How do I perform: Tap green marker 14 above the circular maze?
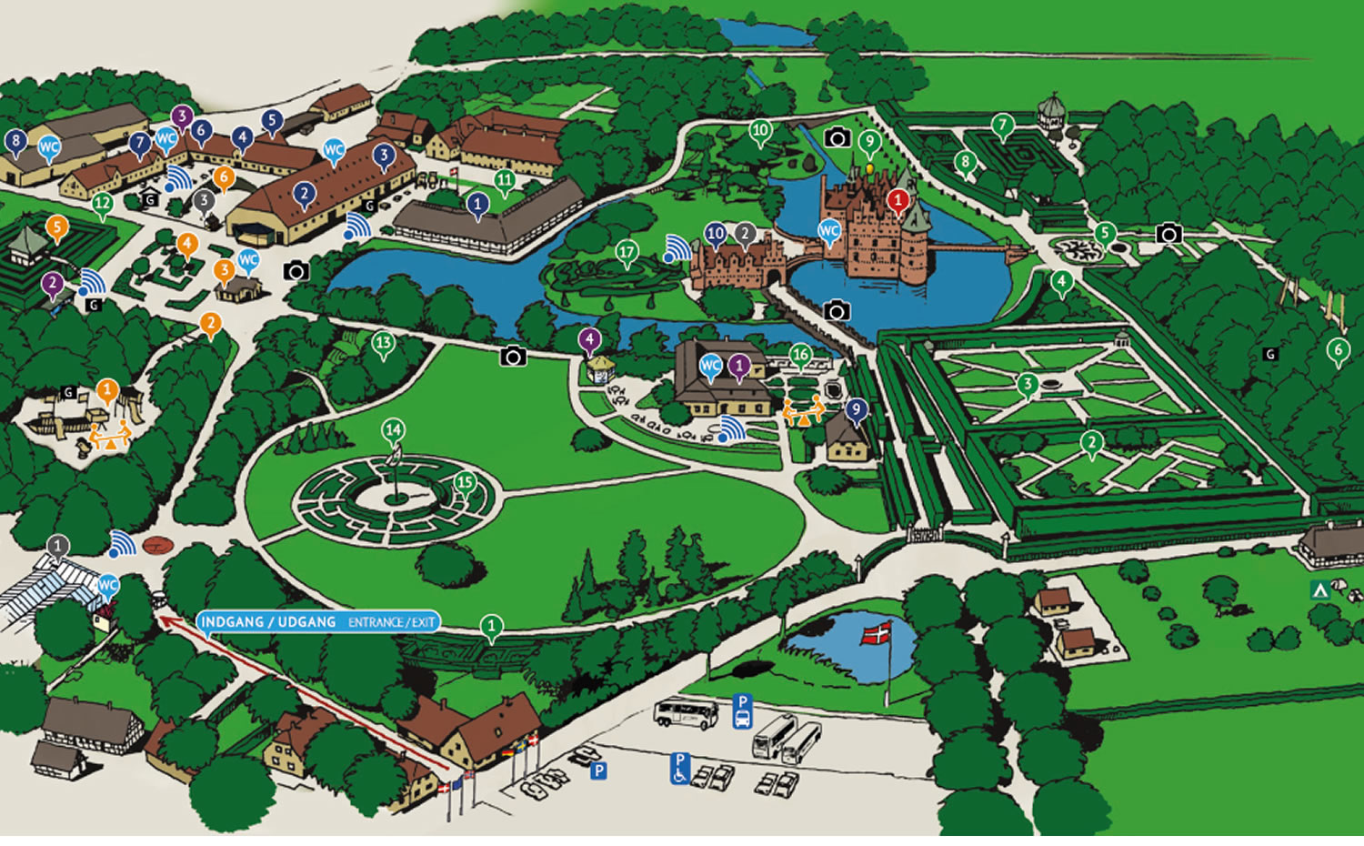pos(393,429)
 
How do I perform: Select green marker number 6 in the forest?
pos(1337,349)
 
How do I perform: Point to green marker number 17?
pos(627,252)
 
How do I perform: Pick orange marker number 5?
pos(57,227)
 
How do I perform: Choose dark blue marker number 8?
pos(15,141)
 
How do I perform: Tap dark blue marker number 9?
pos(856,410)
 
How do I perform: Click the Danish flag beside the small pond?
pos(878,633)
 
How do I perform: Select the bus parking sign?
pos(743,710)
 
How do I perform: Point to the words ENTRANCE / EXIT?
pos(391,622)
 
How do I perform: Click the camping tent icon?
pos(1319,589)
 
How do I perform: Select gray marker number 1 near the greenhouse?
pos(57,547)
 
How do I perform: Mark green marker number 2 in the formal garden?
pos(1091,443)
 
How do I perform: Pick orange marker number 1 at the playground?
pos(107,392)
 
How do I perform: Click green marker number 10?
pos(760,131)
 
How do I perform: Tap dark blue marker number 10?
pos(716,234)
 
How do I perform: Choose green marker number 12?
pos(103,205)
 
